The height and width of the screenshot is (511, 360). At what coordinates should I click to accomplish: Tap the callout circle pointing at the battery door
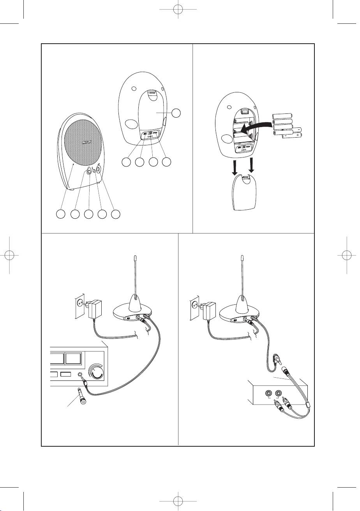click(176, 113)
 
